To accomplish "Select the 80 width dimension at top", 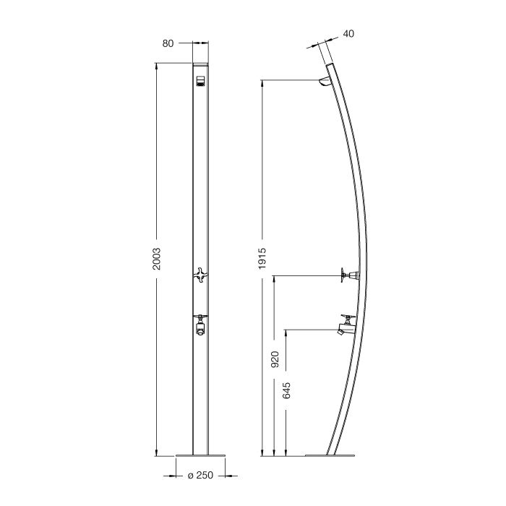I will pyautogui.click(x=168, y=43).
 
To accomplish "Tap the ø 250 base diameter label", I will pyautogui.click(x=200, y=476).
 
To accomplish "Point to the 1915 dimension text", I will pyautogui.click(x=263, y=258).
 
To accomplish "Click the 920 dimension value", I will pyautogui.click(x=275, y=360).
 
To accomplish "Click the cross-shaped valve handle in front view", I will pyautogui.click(x=200, y=275).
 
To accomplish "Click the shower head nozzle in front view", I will pyautogui.click(x=200, y=80).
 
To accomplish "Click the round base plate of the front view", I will pyautogui.click(x=200, y=456).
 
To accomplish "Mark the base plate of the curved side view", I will pyautogui.click(x=332, y=456).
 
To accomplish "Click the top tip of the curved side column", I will pyautogui.click(x=331, y=65).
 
